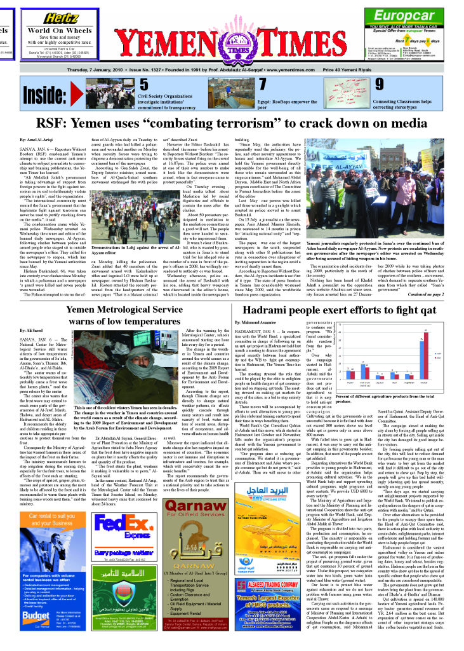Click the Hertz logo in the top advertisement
pyautogui.click(x=62, y=19)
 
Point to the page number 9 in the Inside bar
pyautogui.click(x=380, y=85)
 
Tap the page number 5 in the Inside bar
pyautogui.click(x=143, y=85)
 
